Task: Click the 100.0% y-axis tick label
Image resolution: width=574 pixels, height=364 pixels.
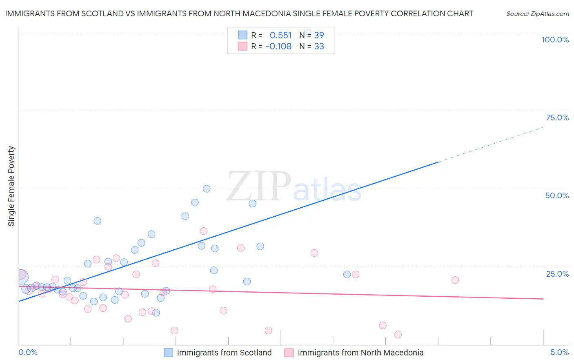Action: (x=555, y=40)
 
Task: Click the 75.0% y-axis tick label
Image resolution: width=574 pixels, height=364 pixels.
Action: (x=557, y=118)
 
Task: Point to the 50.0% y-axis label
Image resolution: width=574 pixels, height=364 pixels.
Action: (x=557, y=195)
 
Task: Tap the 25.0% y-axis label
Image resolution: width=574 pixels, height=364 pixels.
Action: (x=557, y=274)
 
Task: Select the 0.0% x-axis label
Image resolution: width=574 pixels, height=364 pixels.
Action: (x=28, y=352)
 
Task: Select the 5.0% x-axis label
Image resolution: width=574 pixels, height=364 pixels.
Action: (x=559, y=352)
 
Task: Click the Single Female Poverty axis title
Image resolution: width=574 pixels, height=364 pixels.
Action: (x=11, y=186)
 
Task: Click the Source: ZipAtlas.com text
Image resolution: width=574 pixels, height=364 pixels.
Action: (x=537, y=14)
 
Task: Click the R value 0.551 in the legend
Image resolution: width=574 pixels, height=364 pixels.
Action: (x=280, y=36)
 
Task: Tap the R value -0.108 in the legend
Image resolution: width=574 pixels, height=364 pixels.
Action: (x=278, y=47)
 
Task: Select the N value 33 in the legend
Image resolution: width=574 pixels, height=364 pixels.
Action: (x=319, y=47)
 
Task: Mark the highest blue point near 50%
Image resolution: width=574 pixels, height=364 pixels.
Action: (x=207, y=189)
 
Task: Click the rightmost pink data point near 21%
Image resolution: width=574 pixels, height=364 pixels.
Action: (x=455, y=280)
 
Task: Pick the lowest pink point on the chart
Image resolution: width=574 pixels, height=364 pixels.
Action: (x=398, y=335)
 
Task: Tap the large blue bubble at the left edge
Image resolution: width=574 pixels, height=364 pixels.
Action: (x=22, y=277)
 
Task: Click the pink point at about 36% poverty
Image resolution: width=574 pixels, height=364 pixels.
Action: (x=203, y=231)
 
